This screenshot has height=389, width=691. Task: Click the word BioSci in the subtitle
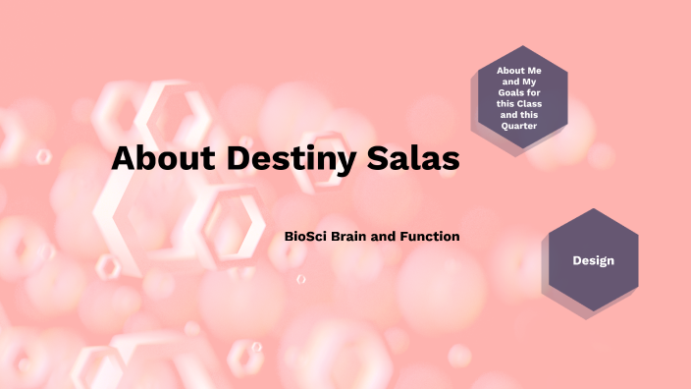pos(304,237)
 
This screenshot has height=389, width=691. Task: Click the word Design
pos(593,260)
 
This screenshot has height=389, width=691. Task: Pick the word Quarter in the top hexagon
pos(518,125)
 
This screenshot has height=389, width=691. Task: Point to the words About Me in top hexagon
pos(518,72)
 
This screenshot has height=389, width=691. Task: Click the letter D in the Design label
pos(576,260)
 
